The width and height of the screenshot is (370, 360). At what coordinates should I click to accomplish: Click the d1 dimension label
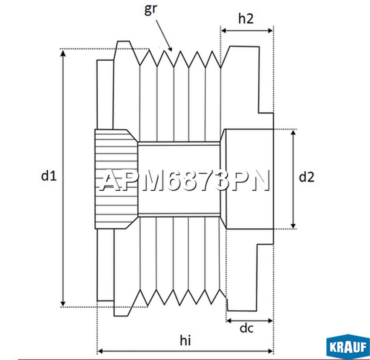tap(49, 176)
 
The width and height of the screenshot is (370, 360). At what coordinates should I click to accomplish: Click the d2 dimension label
tap(306, 177)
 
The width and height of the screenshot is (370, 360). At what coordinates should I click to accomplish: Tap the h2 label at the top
tap(246, 18)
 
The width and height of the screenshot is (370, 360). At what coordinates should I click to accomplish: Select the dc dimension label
tap(246, 328)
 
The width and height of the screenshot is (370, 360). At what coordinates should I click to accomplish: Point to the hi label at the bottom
tap(185, 340)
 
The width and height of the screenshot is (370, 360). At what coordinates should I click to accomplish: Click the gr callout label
tap(150, 10)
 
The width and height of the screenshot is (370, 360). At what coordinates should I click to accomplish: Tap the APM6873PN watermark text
tap(185, 180)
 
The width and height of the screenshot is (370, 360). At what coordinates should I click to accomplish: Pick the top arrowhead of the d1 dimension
tap(63, 54)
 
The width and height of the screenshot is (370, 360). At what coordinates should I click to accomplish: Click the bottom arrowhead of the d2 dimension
tap(293, 225)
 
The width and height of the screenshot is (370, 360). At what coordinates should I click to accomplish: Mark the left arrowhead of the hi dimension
tap(101, 351)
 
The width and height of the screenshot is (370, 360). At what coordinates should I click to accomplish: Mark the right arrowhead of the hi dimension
tap(270, 351)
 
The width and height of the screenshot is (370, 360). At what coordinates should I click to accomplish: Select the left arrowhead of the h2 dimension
tap(224, 31)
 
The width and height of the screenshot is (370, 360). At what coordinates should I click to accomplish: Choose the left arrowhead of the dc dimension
tap(229, 320)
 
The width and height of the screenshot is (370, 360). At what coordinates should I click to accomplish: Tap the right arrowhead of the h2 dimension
tap(270, 31)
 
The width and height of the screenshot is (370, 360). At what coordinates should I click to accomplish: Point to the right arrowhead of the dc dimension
tap(270, 320)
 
